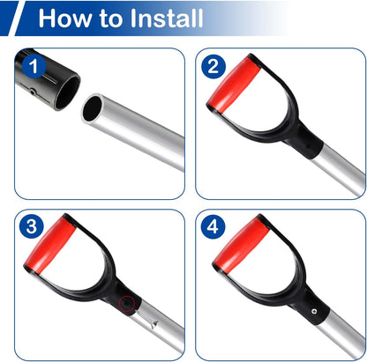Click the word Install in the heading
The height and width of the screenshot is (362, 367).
166,18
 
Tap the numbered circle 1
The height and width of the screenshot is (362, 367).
34,67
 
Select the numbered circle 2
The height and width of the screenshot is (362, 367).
213,66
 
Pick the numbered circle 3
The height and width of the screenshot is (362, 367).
32,226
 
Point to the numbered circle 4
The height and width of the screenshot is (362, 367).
213,226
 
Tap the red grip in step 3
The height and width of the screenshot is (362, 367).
50,245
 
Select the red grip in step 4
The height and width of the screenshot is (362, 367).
241,245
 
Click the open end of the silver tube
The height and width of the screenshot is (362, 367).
93,108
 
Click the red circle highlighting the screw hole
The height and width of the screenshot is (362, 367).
127,304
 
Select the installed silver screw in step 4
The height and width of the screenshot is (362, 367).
315,311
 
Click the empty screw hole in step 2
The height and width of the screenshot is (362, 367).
307,144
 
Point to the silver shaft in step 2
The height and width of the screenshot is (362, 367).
338,170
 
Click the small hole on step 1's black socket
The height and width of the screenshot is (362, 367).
34,92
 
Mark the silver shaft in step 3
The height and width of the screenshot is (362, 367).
157,326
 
